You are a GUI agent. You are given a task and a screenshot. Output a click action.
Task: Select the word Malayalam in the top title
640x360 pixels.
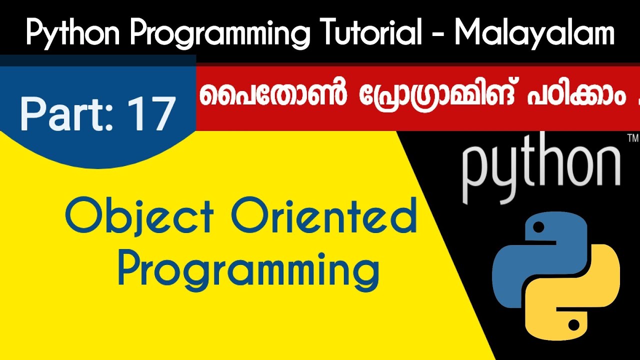[x=534, y=33]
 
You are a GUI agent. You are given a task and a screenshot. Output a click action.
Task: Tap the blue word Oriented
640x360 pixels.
[x=324, y=217]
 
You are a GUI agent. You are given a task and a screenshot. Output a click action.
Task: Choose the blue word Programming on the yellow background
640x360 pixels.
[x=248, y=270]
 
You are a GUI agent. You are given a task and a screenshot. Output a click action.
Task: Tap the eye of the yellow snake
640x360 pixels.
[x=574, y=325]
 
